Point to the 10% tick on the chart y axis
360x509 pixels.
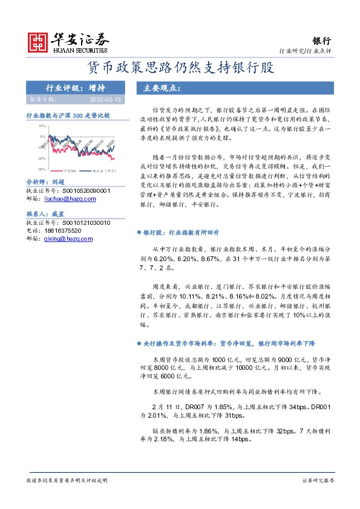coord(42,126)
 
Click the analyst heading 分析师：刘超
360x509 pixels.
coord(46,181)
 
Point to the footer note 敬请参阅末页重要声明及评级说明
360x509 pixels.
coord(67,480)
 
